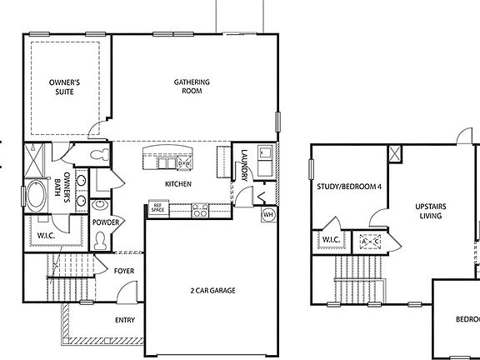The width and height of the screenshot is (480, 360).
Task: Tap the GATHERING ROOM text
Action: click(x=192, y=87)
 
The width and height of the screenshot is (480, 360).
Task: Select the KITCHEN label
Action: click(x=178, y=184)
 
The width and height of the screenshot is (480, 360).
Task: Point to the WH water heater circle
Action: click(x=268, y=214)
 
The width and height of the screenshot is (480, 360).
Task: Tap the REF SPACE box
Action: click(x=157, y=208)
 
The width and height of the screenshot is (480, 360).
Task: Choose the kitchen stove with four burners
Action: click(x=201, y=210)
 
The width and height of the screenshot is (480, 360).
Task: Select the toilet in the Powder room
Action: click(x=101, y=240)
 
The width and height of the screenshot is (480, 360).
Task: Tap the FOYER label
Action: click(x=123, y=272)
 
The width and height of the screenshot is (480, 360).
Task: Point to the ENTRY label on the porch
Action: click(x=124, y=318)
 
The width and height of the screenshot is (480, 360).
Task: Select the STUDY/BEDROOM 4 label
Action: click(x=348, y=187)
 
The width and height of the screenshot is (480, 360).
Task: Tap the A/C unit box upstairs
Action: click(x=370, y=242)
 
